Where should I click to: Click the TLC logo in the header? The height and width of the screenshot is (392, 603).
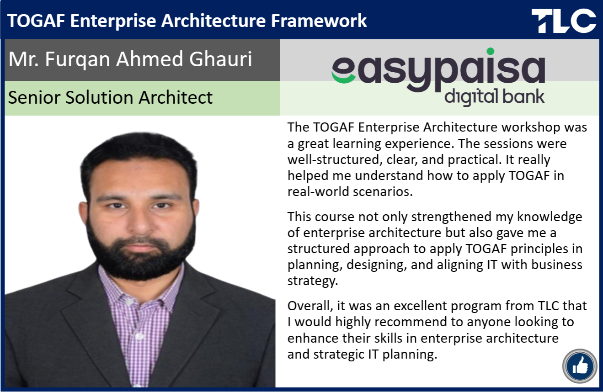coord(564,21)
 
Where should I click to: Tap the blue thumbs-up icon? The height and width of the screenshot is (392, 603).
coord(580,366)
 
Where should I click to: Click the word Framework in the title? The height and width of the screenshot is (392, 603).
coord(319,21)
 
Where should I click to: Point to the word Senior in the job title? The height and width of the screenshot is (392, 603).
coord(34,97)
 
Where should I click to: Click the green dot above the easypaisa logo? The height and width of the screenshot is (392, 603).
coord(491,51)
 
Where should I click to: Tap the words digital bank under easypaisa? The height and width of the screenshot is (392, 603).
coord(495,97)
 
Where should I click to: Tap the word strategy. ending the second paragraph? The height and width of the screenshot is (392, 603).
coord(313,281)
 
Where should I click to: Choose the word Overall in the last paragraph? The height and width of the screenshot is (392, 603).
coord(310,306)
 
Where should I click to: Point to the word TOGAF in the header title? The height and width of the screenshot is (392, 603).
coord(36,21)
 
